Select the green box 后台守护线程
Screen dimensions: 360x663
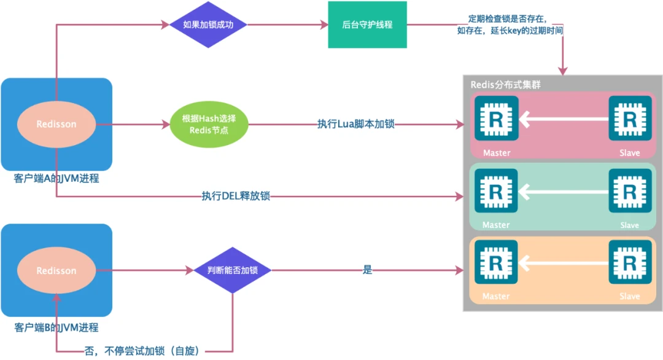367,25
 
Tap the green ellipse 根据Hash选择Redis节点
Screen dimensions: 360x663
209,125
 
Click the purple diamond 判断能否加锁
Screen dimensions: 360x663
232,270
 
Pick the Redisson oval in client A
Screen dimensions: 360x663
56,124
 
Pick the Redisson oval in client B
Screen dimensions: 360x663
56,271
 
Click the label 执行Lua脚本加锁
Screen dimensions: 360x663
355,124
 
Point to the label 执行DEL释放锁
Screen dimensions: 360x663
236,197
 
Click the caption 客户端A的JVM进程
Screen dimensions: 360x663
56,179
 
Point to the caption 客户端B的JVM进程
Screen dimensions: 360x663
56,327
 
